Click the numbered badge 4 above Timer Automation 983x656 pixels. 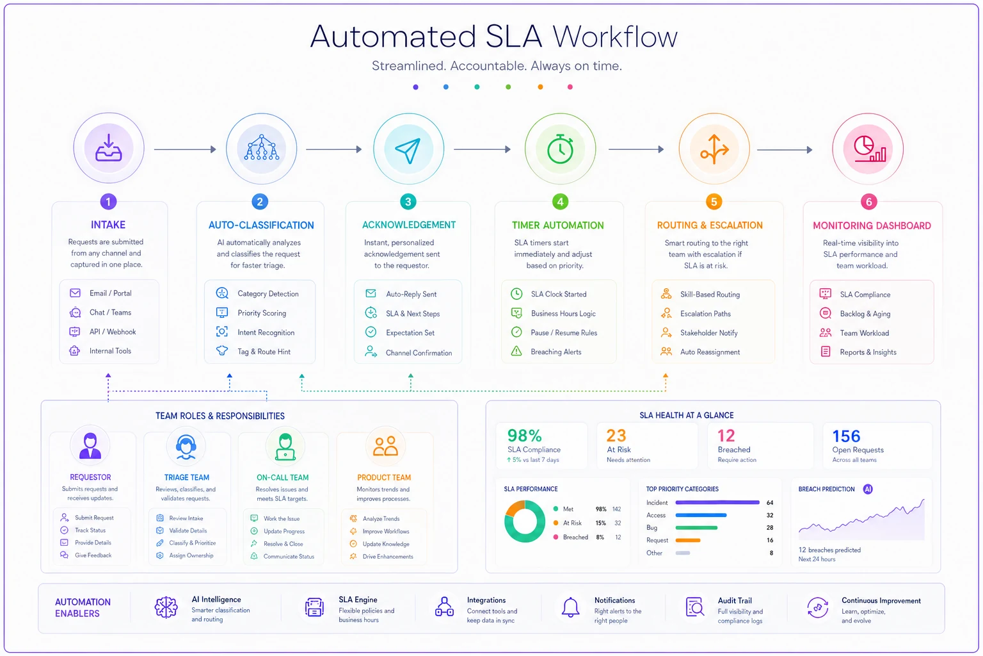point(560,202)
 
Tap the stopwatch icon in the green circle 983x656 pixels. point(561,149)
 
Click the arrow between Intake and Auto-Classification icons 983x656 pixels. point(185,149)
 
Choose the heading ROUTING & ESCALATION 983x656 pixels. point(710,225)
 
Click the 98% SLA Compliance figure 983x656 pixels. point(524,436)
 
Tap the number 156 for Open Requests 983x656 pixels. point(846,436)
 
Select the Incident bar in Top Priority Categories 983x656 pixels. point(717,502)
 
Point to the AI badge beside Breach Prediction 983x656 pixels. point(868,489)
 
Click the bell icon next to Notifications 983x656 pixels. point(570,608)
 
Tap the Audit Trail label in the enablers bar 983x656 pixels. point(735,600)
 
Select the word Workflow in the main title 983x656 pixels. point(615,36)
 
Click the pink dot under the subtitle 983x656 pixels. point(570,87)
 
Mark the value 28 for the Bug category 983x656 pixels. point(770,527)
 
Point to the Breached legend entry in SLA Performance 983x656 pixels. point(575,537)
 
